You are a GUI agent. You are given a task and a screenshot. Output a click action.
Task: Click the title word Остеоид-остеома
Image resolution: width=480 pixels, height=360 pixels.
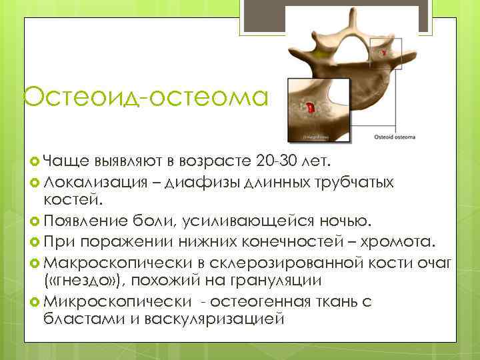point(145,97)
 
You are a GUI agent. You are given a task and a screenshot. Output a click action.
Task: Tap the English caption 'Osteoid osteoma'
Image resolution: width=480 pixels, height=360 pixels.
point(393,137)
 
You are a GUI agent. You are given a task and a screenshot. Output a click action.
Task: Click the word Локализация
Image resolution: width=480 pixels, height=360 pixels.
point(83,181)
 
